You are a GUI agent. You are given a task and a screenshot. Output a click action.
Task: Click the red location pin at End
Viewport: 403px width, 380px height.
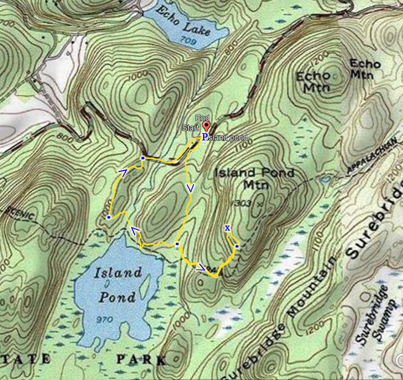(x=206, y=125)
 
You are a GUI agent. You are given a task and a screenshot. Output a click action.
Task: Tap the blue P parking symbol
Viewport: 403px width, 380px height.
(x=204, y=137)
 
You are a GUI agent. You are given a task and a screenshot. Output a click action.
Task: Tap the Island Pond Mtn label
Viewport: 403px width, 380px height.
(x=254, y=179)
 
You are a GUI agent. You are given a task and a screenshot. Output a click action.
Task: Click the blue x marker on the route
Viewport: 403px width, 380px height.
(x=227, y=228)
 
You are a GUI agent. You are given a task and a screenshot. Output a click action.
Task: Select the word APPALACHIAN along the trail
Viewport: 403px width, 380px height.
(x=372, y=156)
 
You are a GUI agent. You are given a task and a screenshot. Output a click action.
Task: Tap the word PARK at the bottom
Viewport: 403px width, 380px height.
(x=142, y=360)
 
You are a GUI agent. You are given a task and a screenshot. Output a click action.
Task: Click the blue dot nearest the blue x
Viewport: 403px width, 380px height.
(x=237, y=246)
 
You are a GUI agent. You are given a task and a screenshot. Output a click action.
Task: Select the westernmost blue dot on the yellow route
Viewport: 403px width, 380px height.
(x=109, y=218)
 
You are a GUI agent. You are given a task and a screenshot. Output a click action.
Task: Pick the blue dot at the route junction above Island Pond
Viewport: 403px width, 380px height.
(x=177, y=244)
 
